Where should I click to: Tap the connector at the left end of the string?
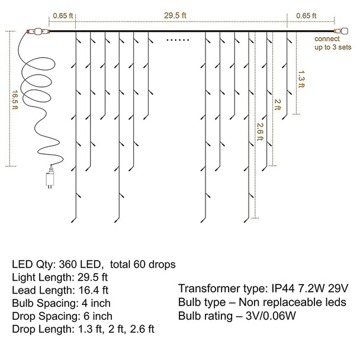coord(34,30)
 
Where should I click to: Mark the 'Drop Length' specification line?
coord(82,329)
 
